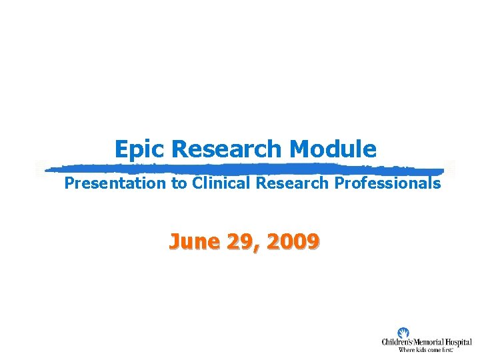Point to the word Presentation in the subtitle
pyautogui.click(x=115, y=183)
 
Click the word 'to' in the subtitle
pyautogui.click(x=179, y=183)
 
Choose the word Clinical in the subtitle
pyautogui.click(x=222, y=183)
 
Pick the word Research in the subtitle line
pyautogui.click(x=292, y=183)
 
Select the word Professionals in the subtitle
pyautogui.click(x=387, y=183)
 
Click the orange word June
pyautogui.click(x=193, y=241)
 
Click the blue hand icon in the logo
pyautogui.click(x=403, y=333)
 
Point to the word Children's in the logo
pyautogui.click(x=399, y=343)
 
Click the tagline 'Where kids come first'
pyautogui.click(x=425, y=350)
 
